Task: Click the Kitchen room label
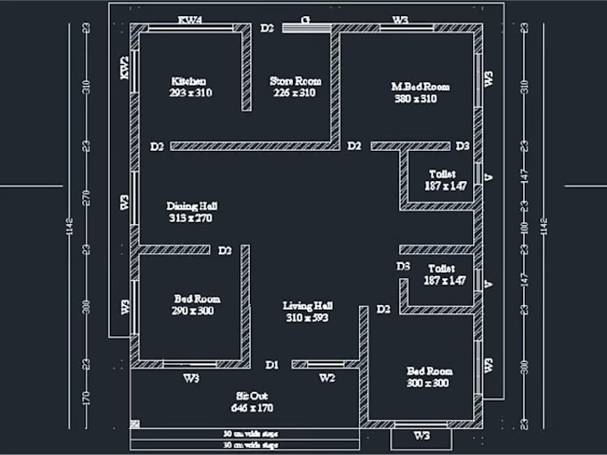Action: (x=189, y=80)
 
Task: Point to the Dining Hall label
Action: (x=192, y=205)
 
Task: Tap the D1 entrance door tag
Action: (x=273, y=364)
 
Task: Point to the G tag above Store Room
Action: (x=305, y=19)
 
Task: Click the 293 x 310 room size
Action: (x=190, y=92)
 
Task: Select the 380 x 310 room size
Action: (x=415, y=99)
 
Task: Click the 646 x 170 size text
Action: (x=254, y=408)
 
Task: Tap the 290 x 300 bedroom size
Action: (x=194, y=311)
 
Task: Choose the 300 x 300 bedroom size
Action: (x=429, y=383)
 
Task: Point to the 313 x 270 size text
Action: (x=190, y=218)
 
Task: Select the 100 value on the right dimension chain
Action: (x=523, y=229)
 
